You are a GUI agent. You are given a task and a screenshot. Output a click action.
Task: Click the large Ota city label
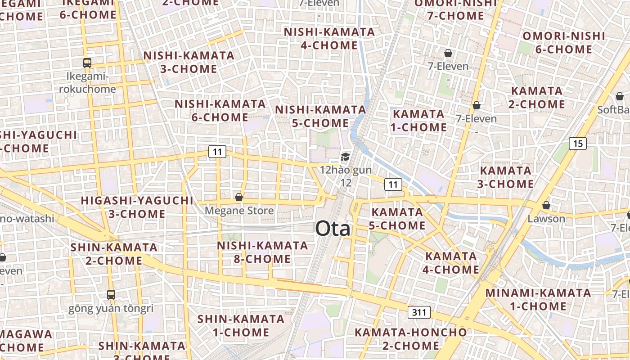pyautogui.click(x=333, y=229)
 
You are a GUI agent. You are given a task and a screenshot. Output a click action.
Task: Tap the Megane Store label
pyautogui.click(x=239, y=211)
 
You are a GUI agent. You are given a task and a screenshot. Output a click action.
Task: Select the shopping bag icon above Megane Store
pyautogui.click(x=239, y=197)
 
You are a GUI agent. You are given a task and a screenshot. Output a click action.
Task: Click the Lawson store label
pyautogui.click(x=546, y=219)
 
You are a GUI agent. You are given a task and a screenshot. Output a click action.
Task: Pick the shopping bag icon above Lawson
pyautogui.click(x=546, y=205)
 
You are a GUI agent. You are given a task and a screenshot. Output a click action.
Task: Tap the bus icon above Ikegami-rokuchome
pyautogui.click(x=87, y=63)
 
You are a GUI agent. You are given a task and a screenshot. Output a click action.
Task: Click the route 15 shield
pyautogui.click(x=578, y=144)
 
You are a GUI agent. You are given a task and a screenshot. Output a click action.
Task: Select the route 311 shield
pyautogui.click(x=419, y=312)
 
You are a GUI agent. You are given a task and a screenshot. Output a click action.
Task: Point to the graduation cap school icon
pyautogui.click(x=345, y=157)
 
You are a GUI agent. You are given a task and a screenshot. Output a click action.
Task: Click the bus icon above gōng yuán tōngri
pyautogui.click(x=111, y=295)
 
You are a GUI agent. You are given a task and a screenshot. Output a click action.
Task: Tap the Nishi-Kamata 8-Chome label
pyautogui.click(x=262, y=252)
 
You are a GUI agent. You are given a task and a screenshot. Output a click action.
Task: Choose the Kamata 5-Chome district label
pyautogui.click(x=397, y=219)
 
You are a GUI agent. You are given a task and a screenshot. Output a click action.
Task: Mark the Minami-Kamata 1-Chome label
pyautogui.click(x=538, y=300)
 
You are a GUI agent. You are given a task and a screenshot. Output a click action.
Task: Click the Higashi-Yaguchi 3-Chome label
pyautogui.click(x=137, y=207)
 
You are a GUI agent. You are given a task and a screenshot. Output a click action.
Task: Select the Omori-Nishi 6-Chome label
pyautogui.click(x=564, y=43)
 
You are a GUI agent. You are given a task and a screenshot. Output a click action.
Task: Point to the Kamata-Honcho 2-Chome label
pyautogui.click(x=411, y=339)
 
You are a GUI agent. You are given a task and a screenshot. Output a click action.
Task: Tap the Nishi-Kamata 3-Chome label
pyautogui.click(x=189, y=62)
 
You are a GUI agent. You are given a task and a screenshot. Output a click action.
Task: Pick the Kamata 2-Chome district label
pyautogui.click(x=537, y=98)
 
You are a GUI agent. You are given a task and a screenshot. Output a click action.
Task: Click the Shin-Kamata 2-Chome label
pyautogui.click(x=114, y=254)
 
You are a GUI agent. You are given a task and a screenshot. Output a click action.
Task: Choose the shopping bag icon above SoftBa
pyautogui.click(x=620, y=96)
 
